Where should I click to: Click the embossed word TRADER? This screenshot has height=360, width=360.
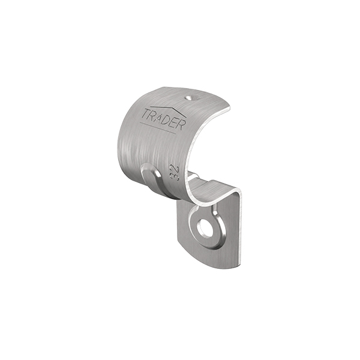coord(163,119)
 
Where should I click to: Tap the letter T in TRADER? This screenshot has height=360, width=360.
coord(145,113)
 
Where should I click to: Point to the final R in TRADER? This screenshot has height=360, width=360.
coord(181,125)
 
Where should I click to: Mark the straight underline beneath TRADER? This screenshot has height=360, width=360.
coord(158,128)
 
